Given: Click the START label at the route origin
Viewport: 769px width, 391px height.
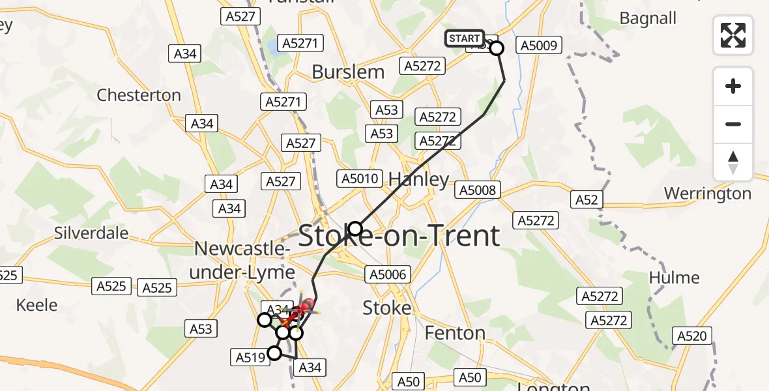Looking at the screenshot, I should coord(464,38).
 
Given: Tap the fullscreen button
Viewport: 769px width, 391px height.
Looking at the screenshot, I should coord(733,35).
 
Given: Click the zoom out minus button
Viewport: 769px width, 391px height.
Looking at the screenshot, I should coord(733,124).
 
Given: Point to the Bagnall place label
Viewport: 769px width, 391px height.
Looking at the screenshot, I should coord(648,18).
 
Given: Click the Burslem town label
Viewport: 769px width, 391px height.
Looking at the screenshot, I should coord(348,72).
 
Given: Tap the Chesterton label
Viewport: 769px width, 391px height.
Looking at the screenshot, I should coord(139,95).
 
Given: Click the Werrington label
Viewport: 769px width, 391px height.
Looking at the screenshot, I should coord(707,194).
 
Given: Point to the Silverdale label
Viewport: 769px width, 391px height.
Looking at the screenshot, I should coord(91,233).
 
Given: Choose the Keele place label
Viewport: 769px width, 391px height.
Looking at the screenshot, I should coord(36,305).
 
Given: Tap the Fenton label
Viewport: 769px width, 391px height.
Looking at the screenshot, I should coord(455,334).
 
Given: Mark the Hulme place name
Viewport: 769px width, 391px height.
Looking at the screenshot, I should coord(674,278).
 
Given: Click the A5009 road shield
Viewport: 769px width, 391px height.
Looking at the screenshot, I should coord(539,45).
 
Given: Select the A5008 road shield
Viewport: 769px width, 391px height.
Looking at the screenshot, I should coord(477,190).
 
